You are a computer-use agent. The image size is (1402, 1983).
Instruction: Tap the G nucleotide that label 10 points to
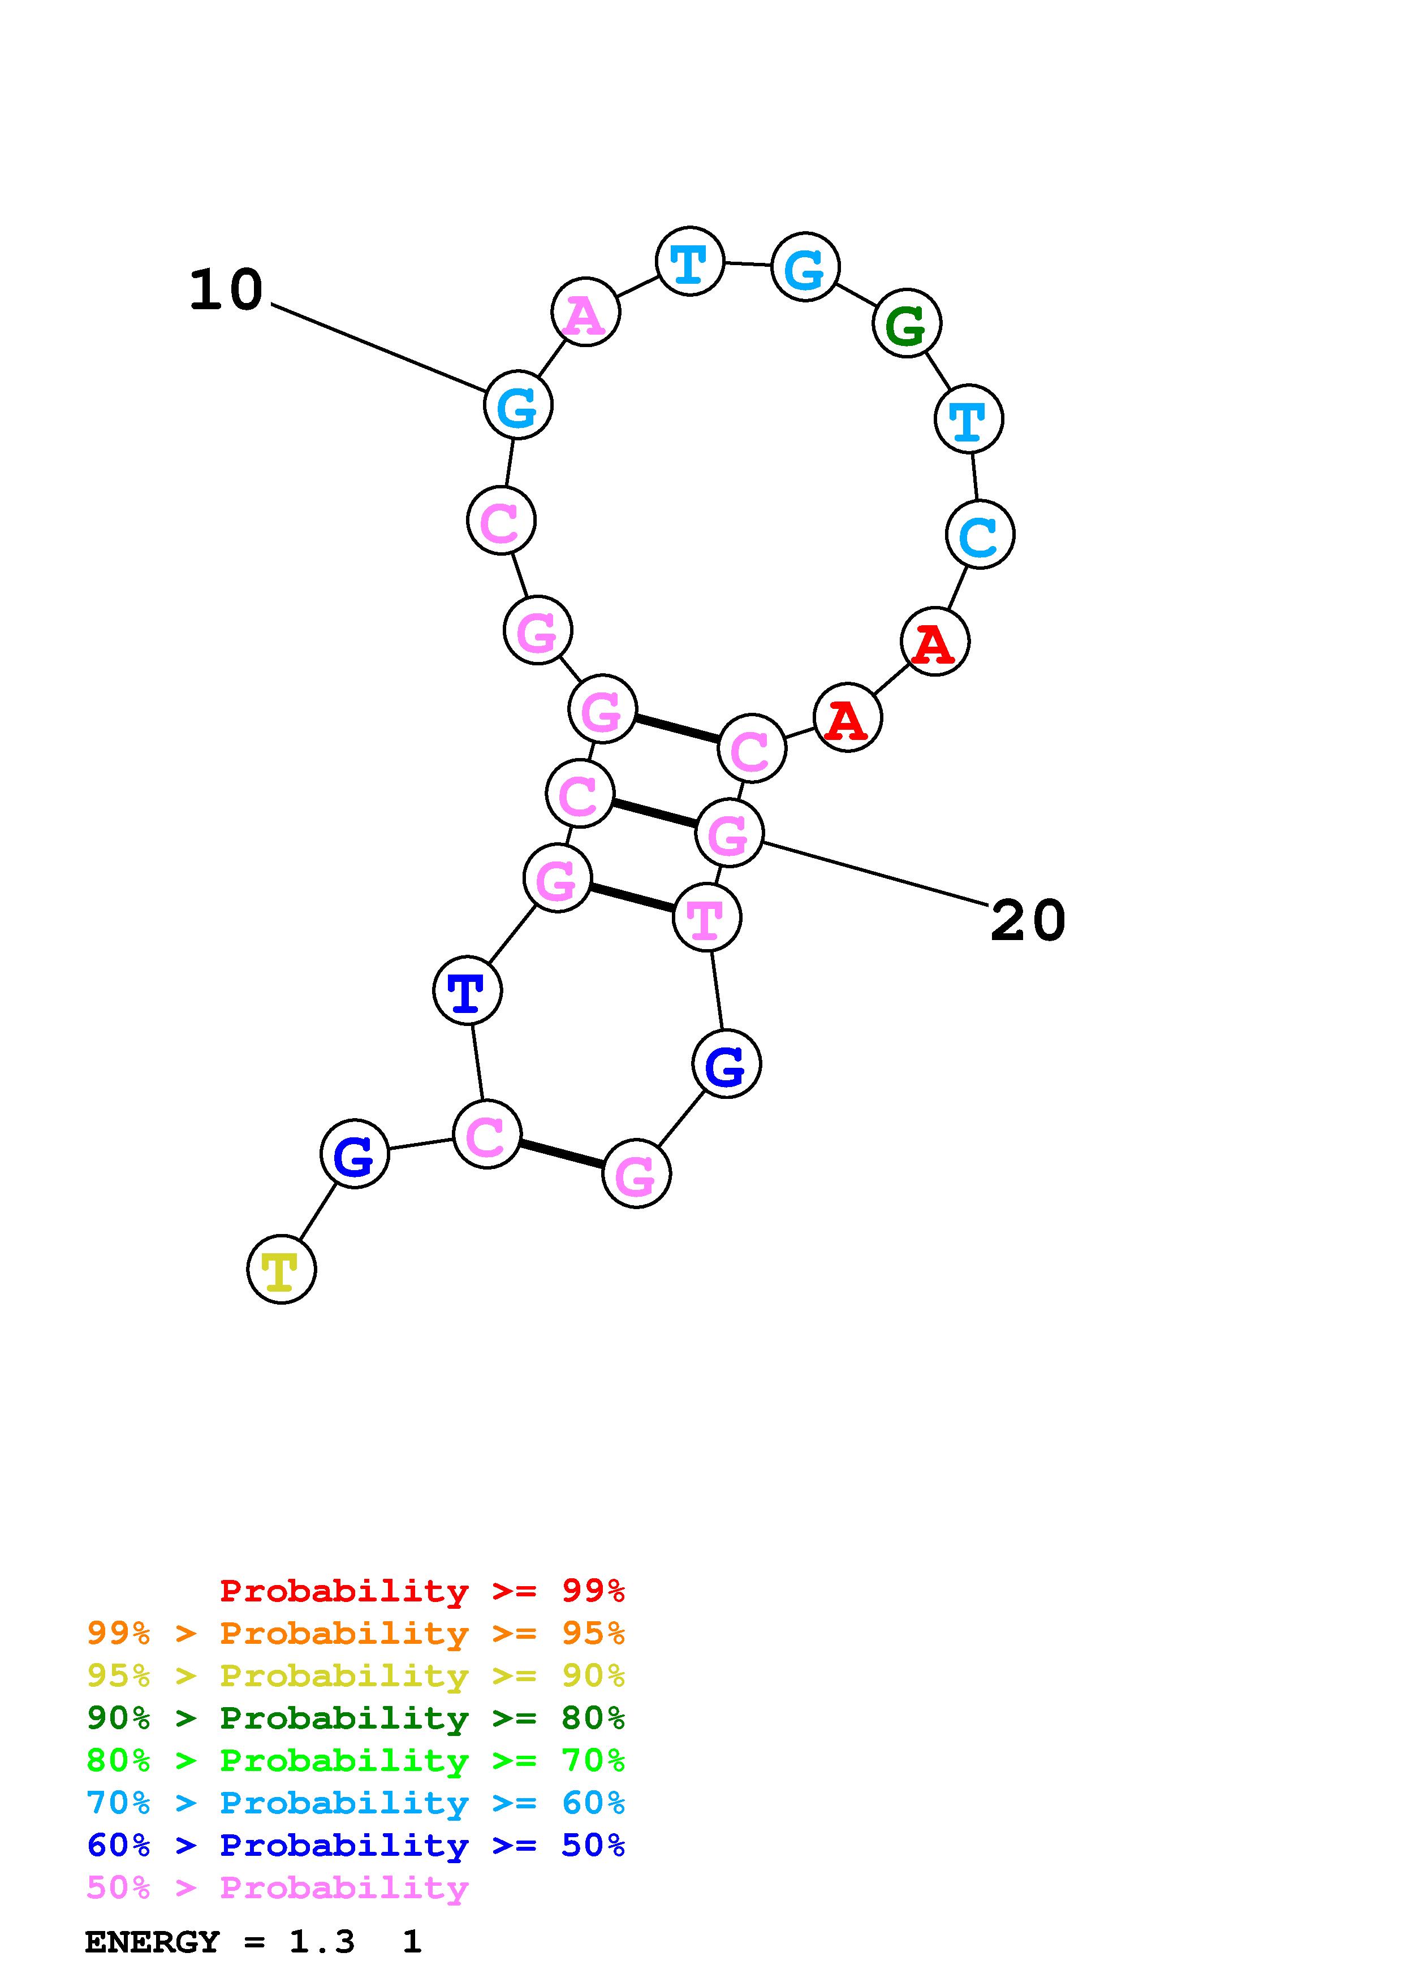tap(517, 405)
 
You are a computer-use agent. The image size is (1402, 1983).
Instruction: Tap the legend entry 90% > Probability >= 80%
tap(355, 1718)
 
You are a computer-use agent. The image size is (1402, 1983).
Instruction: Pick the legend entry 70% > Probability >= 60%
tap(355, 1803)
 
